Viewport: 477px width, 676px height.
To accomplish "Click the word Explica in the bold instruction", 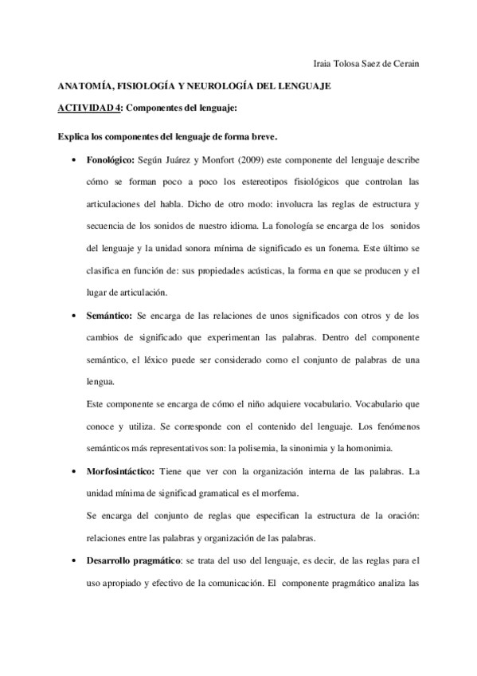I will tap(75, 137).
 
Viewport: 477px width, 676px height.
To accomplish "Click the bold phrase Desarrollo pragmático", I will tap(134, 560).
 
